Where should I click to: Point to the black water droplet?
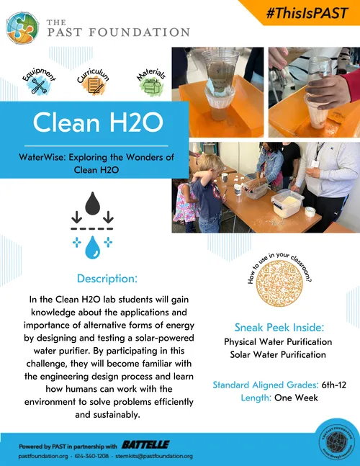(91, 204)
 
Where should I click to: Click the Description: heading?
(107, 279)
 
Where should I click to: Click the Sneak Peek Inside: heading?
(277, 326)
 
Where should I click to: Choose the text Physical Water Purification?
(278, 341)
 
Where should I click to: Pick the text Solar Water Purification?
(278, 354)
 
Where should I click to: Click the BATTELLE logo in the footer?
(145, 444)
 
